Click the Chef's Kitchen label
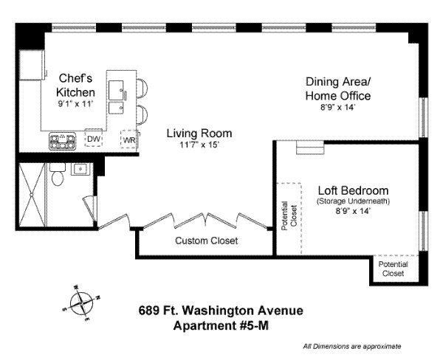pos(75,85)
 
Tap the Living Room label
pos(199,134)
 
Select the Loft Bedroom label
pos(353,190)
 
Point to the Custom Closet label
pos(206,240)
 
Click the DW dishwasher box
pos(94,138)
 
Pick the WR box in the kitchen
pos(129,139)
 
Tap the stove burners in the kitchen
pos(63,141)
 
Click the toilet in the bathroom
pos(58,175)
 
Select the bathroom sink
pos(80,169)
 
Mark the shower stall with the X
pos(32,195)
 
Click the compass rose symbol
pos(81,303)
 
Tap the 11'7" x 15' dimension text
pos(199,145)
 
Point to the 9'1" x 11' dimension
pos(75,104)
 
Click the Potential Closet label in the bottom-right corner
pos(393,269)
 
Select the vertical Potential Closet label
pos(289,215)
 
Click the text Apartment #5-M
pos(221,325)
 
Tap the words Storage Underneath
pos(353,201)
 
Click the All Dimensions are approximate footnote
pos(351,346)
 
